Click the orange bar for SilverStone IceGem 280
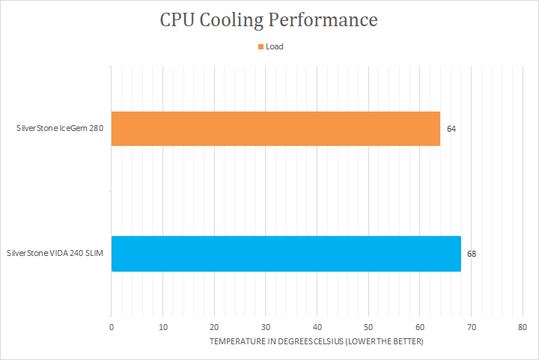275,129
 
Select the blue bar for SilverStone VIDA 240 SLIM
286,254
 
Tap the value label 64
451,129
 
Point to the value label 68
472,254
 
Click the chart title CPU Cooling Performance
269,19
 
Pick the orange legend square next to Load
261,46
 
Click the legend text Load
274,46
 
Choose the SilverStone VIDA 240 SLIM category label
55,254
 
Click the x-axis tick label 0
111,327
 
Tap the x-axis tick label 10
162,327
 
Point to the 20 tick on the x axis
214,327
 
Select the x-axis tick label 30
266,327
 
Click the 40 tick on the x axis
317,327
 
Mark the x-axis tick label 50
368,327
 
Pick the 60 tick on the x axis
420,327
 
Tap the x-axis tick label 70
471,327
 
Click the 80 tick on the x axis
523,327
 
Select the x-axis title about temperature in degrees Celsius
317,342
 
